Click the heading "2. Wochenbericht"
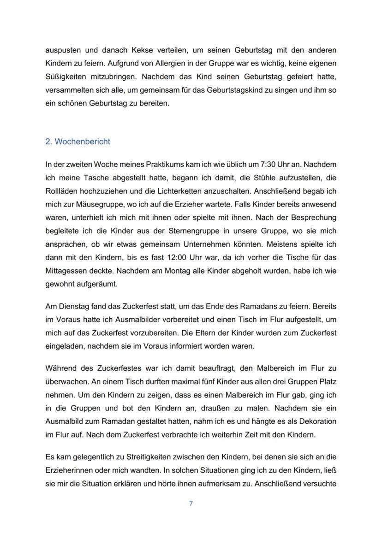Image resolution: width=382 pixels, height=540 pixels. coord(78,142)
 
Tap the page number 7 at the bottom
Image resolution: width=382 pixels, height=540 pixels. coord(191,504)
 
